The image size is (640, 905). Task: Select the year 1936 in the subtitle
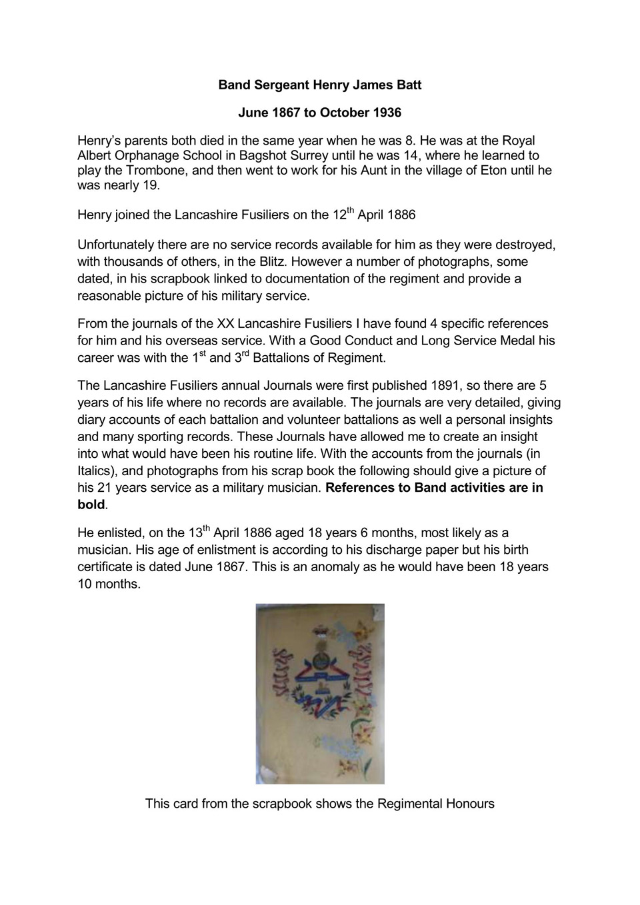point(386,113)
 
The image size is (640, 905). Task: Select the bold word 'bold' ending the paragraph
point(91,504)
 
